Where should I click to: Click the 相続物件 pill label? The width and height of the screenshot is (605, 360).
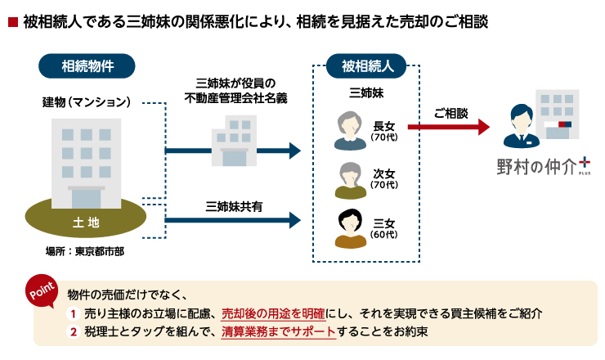(87, 66)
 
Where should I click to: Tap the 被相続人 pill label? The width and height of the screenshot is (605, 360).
(366, 66)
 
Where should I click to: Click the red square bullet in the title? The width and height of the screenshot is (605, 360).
(13, 22)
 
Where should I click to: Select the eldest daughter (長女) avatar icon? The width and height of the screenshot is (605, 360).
(350, 131)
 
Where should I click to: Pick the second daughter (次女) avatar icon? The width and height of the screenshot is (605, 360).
(350, 180)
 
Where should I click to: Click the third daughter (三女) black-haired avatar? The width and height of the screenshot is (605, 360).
(350, 228)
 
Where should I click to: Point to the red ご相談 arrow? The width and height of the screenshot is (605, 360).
(449, 127)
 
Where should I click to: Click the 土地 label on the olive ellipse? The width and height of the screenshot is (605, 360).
(86, 222)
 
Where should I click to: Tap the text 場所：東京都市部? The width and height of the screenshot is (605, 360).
(85, 251)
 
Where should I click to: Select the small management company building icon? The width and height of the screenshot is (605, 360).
(234, 141)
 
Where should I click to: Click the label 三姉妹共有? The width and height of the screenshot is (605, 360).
(234, 207)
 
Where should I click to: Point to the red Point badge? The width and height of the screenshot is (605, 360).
(42, 291)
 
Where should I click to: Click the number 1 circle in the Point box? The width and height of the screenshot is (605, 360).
(73, 313)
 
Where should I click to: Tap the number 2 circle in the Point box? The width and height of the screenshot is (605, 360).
(73, 332)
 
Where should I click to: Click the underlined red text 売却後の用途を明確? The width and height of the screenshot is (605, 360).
(273, 313)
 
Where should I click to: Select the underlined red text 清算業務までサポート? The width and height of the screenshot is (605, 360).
(279, 332)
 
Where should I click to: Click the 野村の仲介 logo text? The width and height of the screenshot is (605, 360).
(536, 167)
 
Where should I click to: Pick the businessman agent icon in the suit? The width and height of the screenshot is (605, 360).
(522, 126)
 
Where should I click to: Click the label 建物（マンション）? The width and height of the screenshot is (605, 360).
(87, 102)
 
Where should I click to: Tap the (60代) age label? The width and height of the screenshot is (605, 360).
(384, 235)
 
